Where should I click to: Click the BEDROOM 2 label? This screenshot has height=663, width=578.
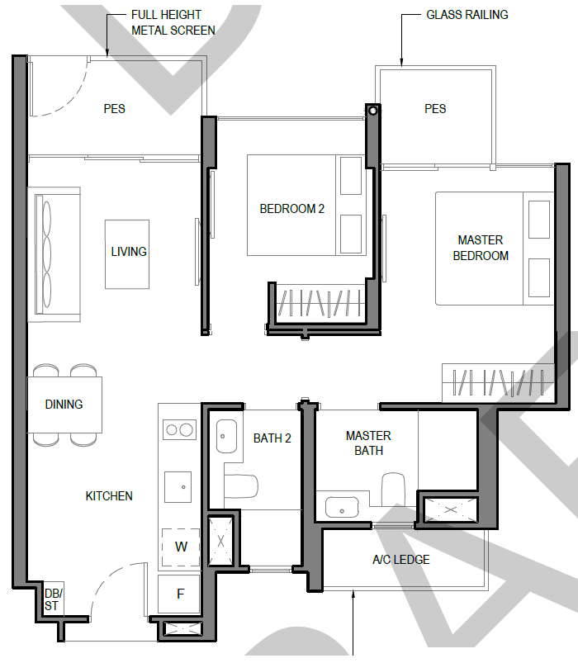(x=291, y=209)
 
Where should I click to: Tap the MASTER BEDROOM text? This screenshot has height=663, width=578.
(x=481, y=248)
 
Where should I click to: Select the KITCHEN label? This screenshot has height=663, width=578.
(x=109, y=496)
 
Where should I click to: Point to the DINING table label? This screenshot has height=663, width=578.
(x=64, y=405)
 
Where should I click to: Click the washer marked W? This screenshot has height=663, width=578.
(x=181, y=547)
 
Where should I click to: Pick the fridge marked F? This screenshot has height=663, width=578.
(x=179, y=594)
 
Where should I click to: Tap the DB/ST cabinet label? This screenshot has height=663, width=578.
(x=54, y=599)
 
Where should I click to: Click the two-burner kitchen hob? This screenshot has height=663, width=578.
(x=180, y=430)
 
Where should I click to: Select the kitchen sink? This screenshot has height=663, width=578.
(x=178, y=487)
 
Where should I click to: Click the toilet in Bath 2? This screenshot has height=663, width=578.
(x=240, y=486)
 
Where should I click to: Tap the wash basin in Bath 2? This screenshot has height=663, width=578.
(x=226, y=436)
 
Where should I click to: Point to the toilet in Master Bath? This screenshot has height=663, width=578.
(x=393, y=490)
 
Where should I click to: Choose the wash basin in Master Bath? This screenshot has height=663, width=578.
(x=342, y=508)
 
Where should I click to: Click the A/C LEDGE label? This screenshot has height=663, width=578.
(x=400, y=560)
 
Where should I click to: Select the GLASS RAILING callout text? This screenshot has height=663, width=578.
(x=467, y=15)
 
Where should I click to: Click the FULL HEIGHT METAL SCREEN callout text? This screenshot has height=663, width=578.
(x=173, y=22)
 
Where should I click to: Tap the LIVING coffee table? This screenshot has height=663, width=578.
(x=127, y=254)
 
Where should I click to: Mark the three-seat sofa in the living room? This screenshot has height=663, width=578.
(x=54, y=254)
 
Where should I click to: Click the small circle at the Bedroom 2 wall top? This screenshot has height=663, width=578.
(x=373, y=111)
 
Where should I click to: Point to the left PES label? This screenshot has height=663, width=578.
(x=114, y=109)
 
